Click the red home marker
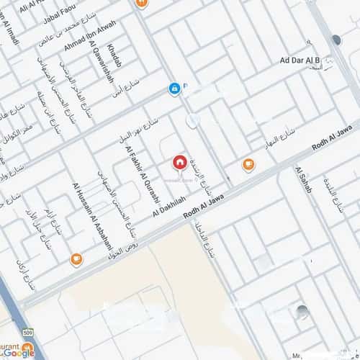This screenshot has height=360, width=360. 179,162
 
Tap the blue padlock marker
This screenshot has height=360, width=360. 174,89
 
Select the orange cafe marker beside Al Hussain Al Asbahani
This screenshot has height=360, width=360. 76,259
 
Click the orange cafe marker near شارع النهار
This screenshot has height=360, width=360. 248,165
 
